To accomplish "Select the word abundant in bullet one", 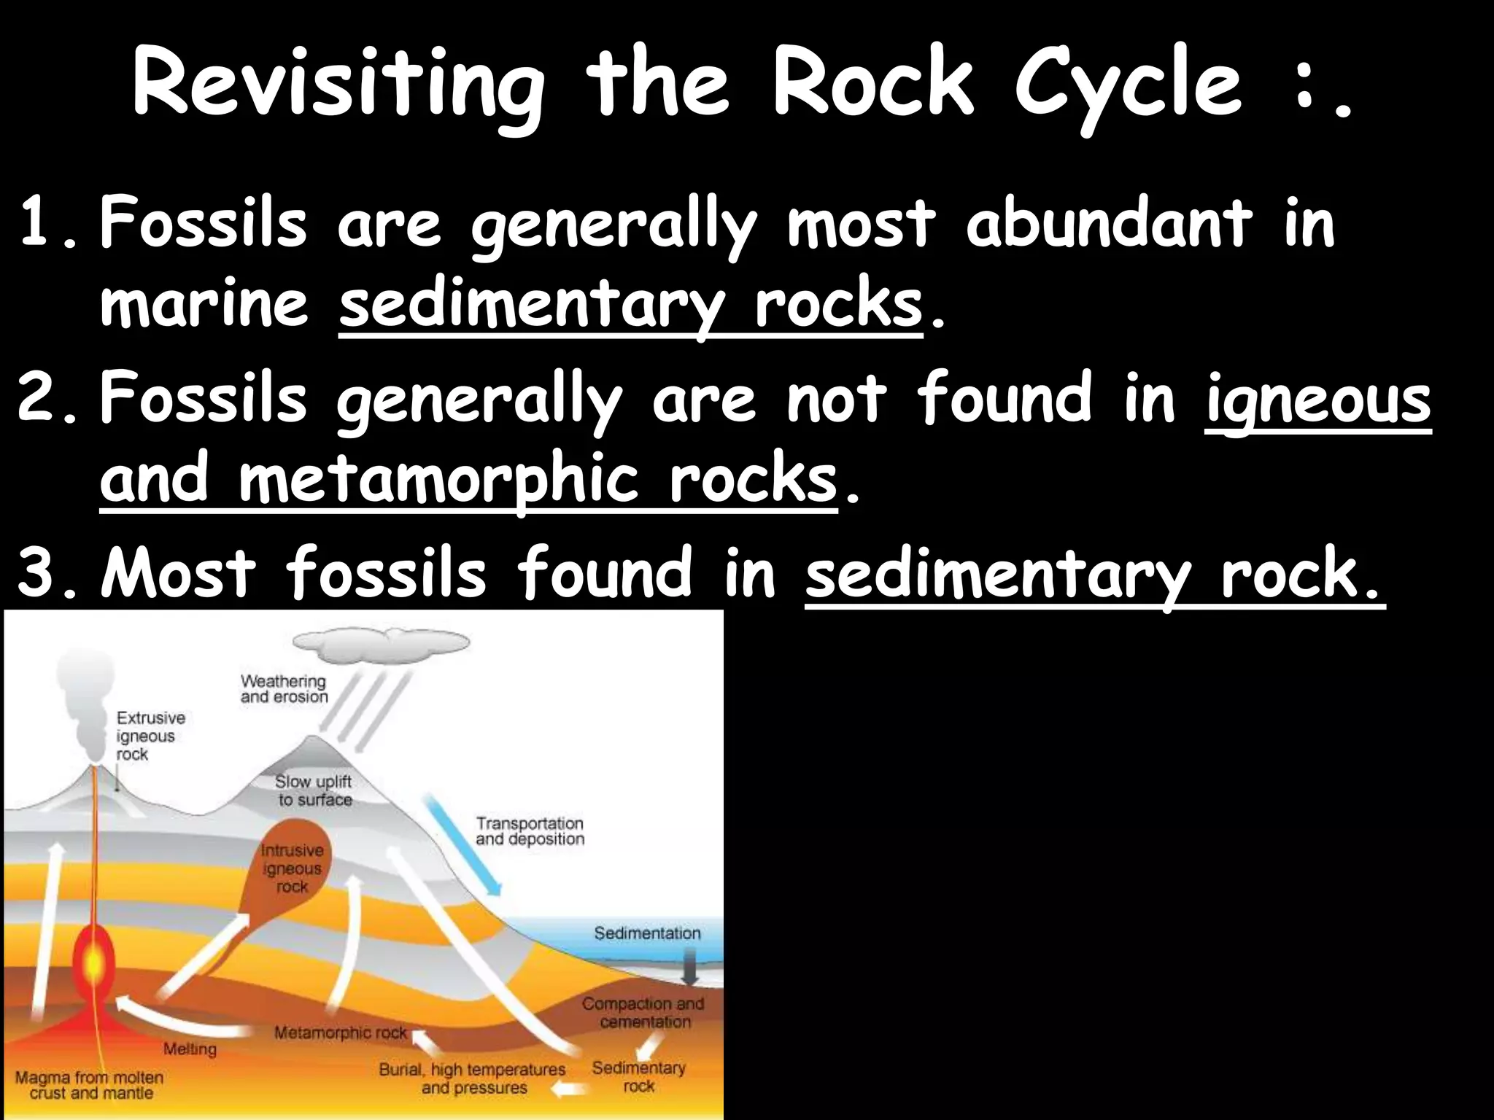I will click(x=1108, y=222).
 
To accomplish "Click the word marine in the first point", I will click(x=204, y=304).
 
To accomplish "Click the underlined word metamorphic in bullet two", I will click(x=438, y=481).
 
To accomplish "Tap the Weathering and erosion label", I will click(x=284, y=689).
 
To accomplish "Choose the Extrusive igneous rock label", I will click(x=150, y=736).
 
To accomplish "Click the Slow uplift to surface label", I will click(x=314, y=790).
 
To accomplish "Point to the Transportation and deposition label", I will click(x=530, y=831).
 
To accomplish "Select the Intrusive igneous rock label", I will click(x=292, y=868).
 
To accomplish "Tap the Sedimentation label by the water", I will click(x=646, y=933).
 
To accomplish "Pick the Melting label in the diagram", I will click(x=190, y=1049).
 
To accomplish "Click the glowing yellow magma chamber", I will click(x=93, y=962).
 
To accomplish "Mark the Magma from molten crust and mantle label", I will click(x=90, y=1085).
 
